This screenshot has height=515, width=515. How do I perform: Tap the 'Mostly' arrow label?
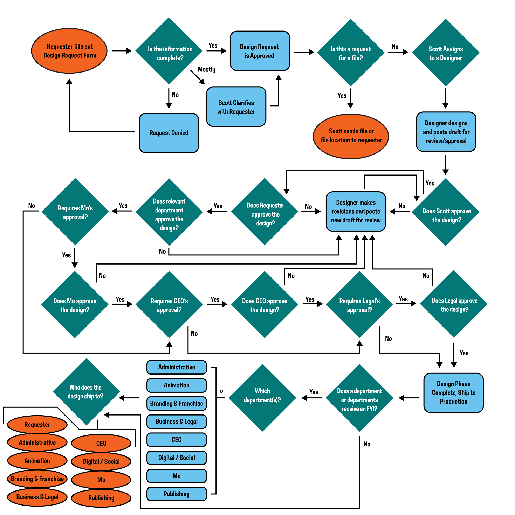(206, 70)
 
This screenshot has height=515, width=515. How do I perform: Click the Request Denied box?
(169, 133)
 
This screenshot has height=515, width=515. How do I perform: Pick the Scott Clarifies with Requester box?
(236, 107)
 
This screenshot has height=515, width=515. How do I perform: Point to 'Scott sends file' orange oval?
(351, 136)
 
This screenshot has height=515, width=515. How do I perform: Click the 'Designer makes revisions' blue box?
(356, 211)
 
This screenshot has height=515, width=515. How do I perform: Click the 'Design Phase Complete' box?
(453, 393)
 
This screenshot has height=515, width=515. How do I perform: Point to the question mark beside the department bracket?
(221, 392)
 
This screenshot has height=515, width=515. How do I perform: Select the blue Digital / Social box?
(177, 458)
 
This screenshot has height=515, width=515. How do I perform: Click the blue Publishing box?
(177, 494)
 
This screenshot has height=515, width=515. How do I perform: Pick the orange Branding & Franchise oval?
(37, 479)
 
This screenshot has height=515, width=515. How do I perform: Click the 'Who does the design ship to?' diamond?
(86, 392)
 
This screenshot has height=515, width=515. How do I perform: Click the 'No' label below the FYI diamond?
(367, 444)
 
